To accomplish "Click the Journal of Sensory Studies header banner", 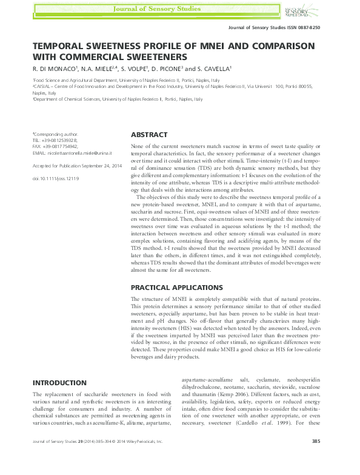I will (x=179, y=9).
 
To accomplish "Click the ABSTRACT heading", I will (x=149, y=135).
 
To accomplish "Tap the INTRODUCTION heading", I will (x=59, y=383).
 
